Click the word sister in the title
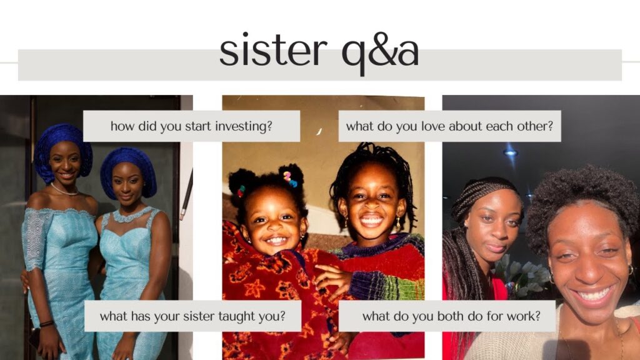[x=273, y=51]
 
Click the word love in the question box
[x=433, y=126]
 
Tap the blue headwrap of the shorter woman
[x=128, y=171]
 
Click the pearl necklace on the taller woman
[x=64, y=190]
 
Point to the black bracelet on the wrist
[x=46, y=324]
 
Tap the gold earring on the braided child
[x=397, y=222]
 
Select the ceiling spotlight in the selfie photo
[x=510, y=153]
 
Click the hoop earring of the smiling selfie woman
[x=630, y=270]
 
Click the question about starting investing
[x=191, y=126]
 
